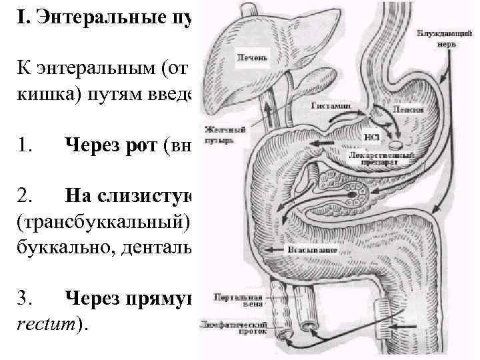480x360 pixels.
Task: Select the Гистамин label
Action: [x=327, y=105]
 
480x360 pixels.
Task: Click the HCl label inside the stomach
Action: [x=371, y=138]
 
